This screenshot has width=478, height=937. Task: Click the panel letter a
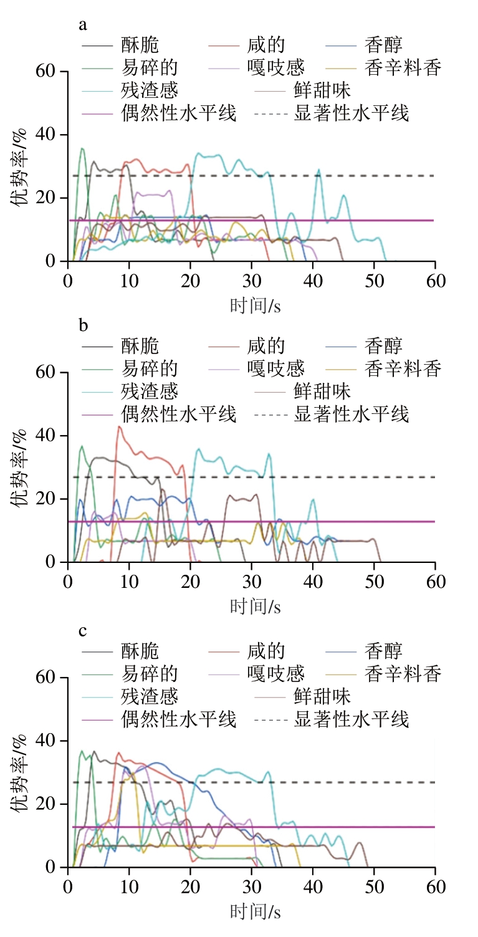[82, 25]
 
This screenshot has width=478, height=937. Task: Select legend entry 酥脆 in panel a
[140, 46]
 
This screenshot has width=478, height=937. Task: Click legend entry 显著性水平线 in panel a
[351, 113]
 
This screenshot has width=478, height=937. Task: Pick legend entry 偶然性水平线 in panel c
[179, 719]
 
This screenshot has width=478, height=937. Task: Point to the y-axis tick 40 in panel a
[50, 135]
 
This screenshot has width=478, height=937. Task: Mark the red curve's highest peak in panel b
[119, 426]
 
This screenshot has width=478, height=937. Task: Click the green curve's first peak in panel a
[82, 148]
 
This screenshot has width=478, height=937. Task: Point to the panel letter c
[82, 630]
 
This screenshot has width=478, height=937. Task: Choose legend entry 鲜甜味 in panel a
[322, 90]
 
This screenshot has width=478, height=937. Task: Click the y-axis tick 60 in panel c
[50, 678]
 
